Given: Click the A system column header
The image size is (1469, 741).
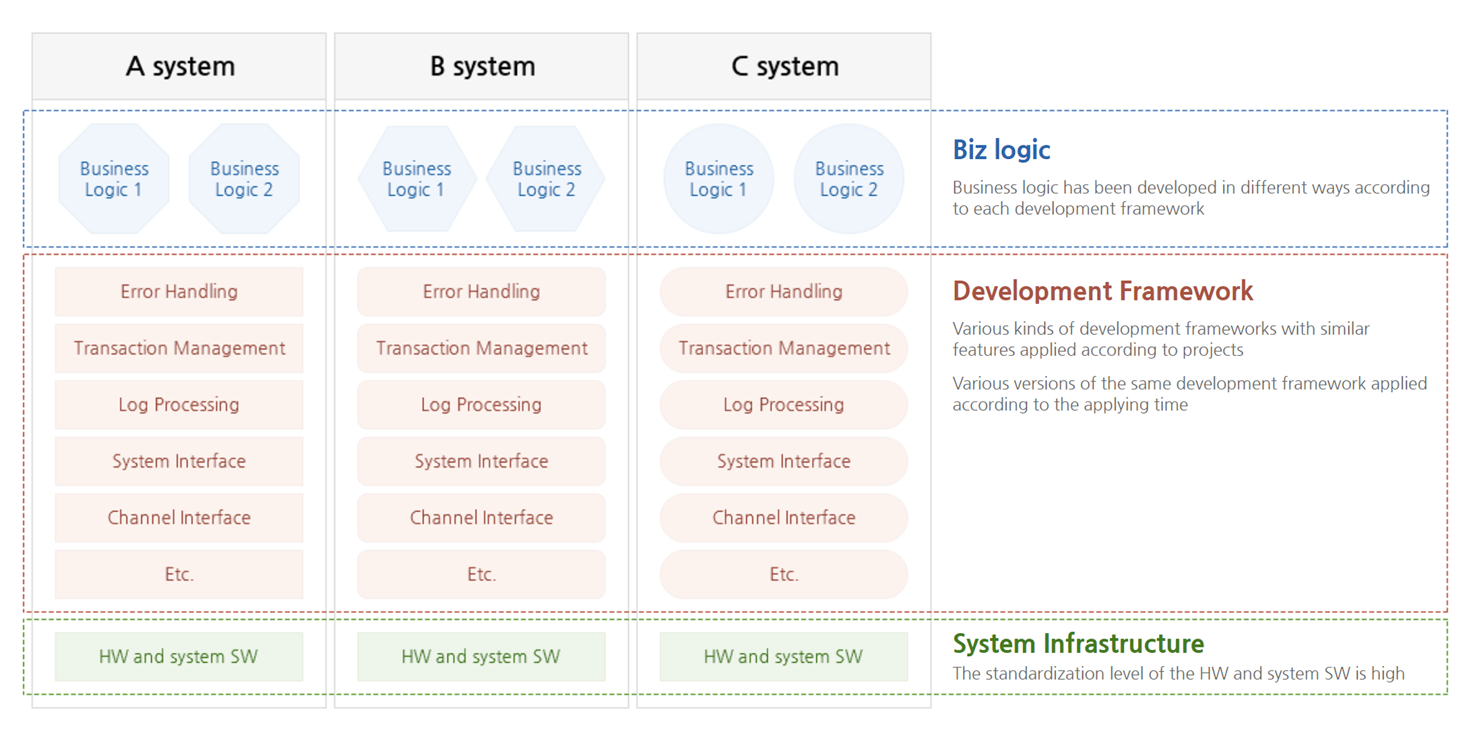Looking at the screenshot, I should point(179,66).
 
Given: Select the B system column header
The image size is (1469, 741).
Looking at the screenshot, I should point(482,66).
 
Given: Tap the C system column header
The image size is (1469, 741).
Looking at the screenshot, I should point(784,66).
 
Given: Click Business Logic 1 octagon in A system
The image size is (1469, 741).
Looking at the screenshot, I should point(114,179).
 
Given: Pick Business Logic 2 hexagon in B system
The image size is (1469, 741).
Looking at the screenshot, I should point(546,179).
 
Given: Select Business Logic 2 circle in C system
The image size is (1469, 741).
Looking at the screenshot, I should point(849,179).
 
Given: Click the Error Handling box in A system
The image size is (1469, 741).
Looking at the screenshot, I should point(179,292).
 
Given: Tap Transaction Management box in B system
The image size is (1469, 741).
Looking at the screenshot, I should point(482,348).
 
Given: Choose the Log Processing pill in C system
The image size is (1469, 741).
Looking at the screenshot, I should point(784,405).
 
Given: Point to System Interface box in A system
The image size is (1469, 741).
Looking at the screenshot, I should point(179,461).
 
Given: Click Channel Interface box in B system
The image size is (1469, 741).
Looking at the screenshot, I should point(482,518).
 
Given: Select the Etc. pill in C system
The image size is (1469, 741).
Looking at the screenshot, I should point(784,575).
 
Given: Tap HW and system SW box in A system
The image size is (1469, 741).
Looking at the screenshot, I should point(179,657).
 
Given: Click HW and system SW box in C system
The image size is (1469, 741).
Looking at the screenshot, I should point(784,657).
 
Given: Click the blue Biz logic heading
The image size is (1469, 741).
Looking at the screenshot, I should point(1001,150).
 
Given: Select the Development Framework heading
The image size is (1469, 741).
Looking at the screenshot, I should point(1102,291).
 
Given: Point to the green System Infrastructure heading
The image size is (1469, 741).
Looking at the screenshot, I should point(1078,643).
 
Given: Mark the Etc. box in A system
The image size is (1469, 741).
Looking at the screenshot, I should point(179,575).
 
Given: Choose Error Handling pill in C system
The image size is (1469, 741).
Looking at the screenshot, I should point(784,292).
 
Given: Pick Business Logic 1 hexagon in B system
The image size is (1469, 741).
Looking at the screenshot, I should point(417,179).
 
